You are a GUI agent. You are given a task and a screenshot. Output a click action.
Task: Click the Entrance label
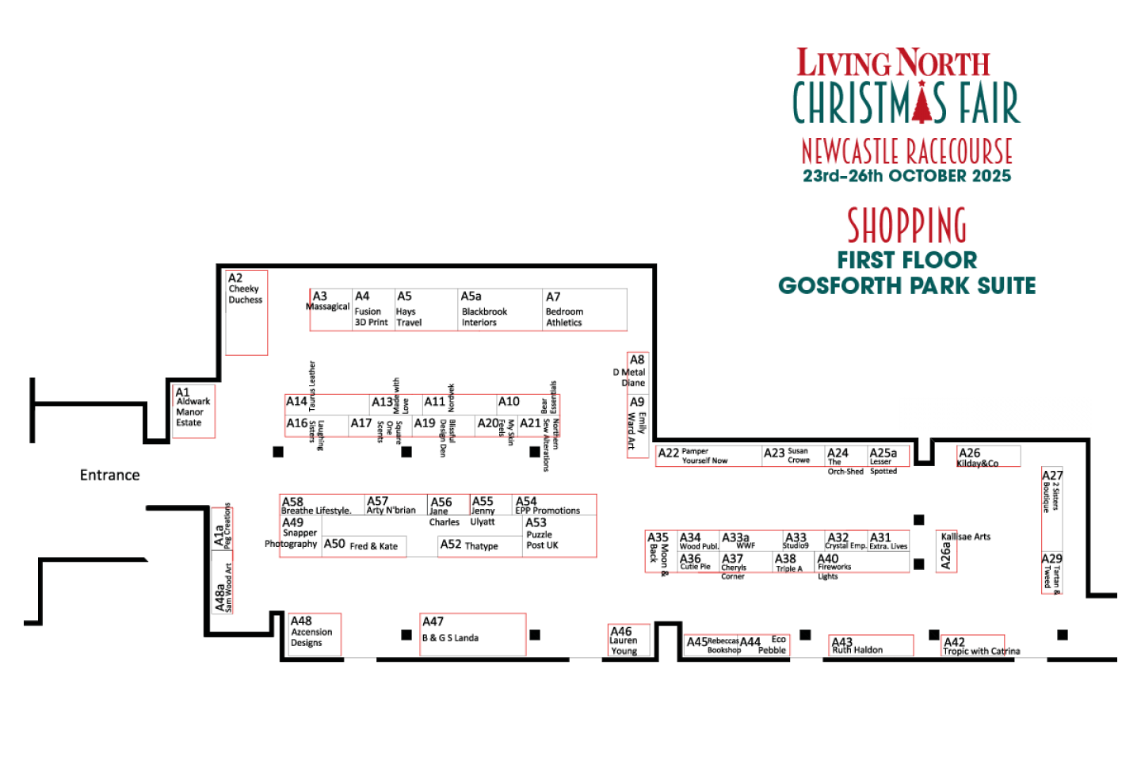pos(110,475)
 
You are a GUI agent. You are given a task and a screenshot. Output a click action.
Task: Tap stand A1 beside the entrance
pos(193,411)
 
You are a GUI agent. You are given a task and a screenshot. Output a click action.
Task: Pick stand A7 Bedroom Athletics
pos(585,310)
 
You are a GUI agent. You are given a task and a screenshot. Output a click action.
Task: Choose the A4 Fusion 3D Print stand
pos(373,310)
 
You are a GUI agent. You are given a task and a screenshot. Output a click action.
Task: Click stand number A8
pos(637,360)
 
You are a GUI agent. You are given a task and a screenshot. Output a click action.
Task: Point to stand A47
pos(472,634)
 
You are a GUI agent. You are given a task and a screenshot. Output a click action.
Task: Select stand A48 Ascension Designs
pos(315,634)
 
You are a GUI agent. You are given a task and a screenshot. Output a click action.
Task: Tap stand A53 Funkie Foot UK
pos(559,536)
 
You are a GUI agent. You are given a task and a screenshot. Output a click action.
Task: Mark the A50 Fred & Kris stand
pos(364,546)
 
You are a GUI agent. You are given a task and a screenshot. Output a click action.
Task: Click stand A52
pos(479,546)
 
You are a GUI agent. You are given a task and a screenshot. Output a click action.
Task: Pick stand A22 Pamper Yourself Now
pos(708,456)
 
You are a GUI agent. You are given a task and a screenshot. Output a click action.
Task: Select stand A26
pos(988,457)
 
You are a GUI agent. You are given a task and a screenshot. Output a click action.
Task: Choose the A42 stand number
pos(954,642)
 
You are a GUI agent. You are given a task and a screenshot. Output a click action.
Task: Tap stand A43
pos(871,645)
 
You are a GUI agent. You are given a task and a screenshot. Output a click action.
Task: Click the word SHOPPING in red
pos(906,225)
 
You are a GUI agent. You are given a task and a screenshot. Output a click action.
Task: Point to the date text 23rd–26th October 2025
pos(906,176)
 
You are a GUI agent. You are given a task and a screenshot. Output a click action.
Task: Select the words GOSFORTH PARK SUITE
pos(906,285)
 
